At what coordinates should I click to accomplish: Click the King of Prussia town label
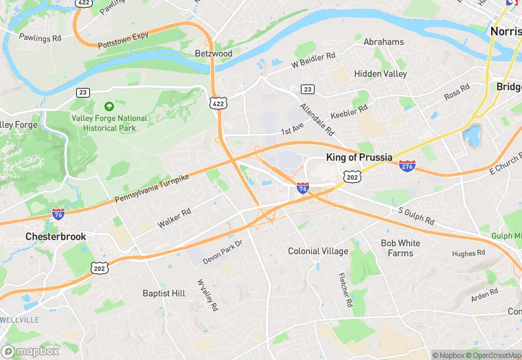[359, 157]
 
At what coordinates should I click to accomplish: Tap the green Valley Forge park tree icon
[109, 106]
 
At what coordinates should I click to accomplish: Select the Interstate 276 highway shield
[407, 166]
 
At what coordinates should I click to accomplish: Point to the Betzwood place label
[214, 53]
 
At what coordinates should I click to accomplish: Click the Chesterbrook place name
[56, 236]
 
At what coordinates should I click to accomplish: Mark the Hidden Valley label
[381, 74]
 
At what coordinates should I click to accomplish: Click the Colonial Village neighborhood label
[318, 251]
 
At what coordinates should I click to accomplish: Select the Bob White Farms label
[400, 248]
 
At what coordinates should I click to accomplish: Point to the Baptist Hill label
[163, 293]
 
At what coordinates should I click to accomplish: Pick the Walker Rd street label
[174, 218]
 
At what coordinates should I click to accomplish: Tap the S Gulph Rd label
[416, 216]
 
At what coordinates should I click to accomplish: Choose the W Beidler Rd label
[313, 60]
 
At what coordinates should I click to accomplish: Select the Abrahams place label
[384, 42]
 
